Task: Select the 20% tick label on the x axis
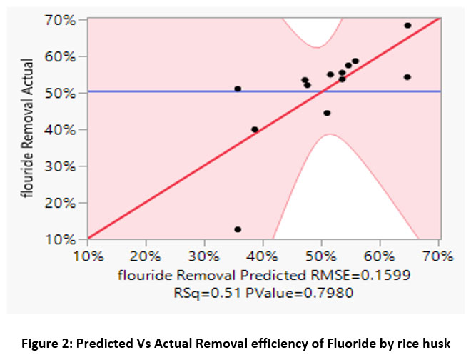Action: click(146, 255)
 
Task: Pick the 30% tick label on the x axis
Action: click(204, 255)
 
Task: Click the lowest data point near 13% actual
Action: click(238, 229)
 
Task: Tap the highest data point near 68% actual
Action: click(407, 25)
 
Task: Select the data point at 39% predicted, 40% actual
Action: click(255, 129)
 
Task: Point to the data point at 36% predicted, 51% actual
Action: click(238, 89)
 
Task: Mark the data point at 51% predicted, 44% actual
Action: click(327, 113)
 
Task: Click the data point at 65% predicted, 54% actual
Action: click(407, 76)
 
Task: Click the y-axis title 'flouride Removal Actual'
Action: click(29, 129)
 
